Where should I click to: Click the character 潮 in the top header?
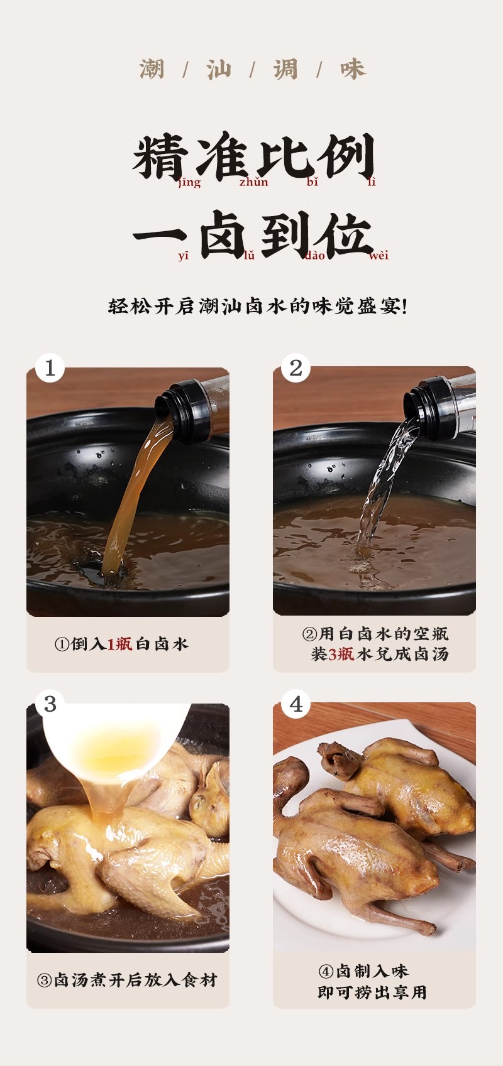[152, 70]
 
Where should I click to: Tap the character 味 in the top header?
[353, 70]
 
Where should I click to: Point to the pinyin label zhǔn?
[253, 182]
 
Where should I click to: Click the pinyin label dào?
[314, 256]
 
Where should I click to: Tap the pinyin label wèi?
[379, 256]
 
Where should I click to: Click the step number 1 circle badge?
[50, 368]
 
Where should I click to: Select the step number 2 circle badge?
[296, 368]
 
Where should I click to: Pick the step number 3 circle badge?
[50, 704]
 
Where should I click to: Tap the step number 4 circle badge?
[296, 704]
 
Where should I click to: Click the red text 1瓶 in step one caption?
[119, 644]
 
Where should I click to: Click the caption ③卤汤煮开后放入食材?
[127, 980]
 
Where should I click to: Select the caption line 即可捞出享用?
[372, 993]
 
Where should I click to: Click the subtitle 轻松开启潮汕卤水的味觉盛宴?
[258, 306]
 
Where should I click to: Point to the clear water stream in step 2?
[381, 490]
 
